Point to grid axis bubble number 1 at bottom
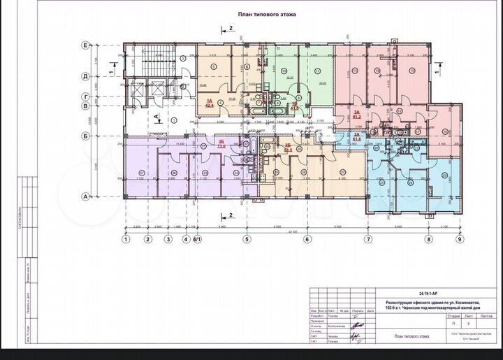coord(126,240)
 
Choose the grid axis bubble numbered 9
coord(460,240)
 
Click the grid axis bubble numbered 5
coord(247,240)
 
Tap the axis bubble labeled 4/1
coord(197,240)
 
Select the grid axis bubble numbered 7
coord(367,240)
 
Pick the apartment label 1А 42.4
coord(209,103)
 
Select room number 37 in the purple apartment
coord(142,172)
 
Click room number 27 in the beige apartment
coord(343,172)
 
